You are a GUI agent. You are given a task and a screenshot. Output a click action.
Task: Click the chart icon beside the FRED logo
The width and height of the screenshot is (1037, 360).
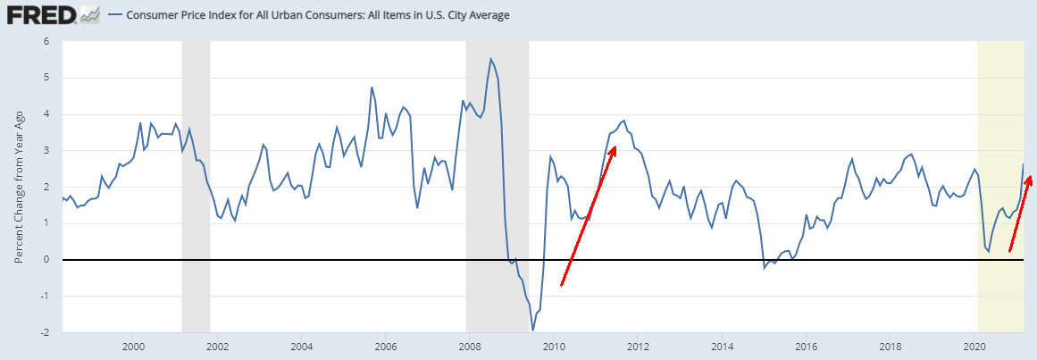tap(89, 15)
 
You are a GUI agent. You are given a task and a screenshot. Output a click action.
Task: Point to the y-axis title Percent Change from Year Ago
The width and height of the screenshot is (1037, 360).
tap(19, 187)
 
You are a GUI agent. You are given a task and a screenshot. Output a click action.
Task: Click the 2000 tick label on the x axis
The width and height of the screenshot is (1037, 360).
tap(133, 347)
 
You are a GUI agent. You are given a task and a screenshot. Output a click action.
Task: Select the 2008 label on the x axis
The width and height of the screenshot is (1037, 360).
tap(469, 347)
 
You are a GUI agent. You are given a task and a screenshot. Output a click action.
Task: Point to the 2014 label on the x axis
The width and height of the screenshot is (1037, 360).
tap(722, 347)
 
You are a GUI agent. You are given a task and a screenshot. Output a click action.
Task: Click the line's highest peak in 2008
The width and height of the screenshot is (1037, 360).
tap(491, 59)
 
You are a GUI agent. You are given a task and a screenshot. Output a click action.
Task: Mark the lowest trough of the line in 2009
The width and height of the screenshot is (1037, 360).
tap(533, 330)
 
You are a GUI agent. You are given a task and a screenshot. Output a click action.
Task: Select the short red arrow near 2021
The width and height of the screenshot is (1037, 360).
tap(1019, 214)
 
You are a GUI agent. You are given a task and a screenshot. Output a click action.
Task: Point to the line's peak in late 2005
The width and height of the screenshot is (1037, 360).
tap(372, 88)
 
